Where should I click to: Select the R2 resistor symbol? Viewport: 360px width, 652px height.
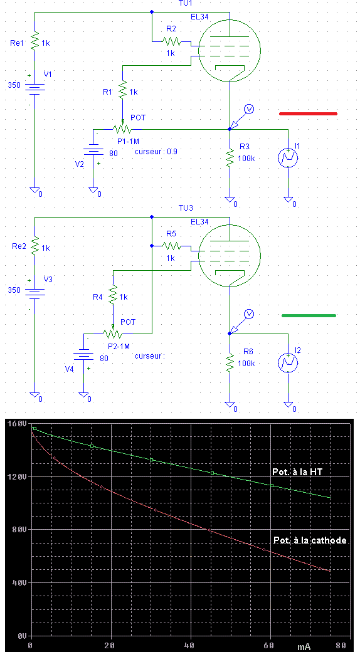pyautogui.click(x=171, y=41)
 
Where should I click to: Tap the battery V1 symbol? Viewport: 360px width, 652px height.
pyautogui.click(x=35, y=88)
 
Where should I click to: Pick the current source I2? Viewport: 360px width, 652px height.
pyautogui.click(x=288, y=362)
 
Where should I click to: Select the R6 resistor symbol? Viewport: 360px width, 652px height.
pyautogui.click(x=229, y=362)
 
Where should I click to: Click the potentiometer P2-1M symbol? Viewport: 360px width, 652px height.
pyautogui.click(x=113, y=332)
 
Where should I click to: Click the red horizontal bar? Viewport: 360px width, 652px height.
pyautogui.click(x=308, y=113)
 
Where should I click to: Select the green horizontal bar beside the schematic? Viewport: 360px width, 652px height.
pyautogui.click(x=309, y=315)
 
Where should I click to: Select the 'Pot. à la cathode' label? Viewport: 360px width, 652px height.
pyautogui.click(x=310, y=540)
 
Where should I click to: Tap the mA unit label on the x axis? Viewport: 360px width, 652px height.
pyautogui.click(x=304, y=647)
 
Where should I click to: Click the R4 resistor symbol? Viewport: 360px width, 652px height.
pyautogui.click(x=113, y=296)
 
